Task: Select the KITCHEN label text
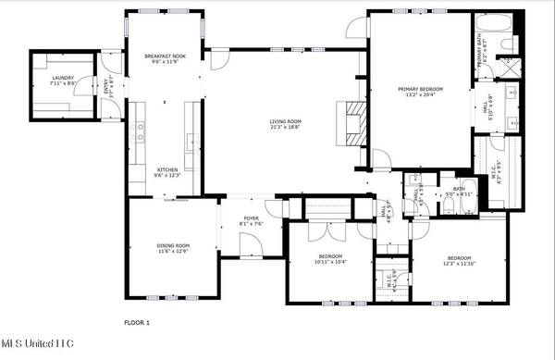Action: tap(166, 170)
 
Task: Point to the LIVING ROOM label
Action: tap(287, 121)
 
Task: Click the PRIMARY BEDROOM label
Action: tap(421, 89)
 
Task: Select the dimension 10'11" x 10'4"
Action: tap(331, 262)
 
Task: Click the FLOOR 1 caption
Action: tap(137, 322)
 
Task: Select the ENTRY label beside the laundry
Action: tap(108, 89)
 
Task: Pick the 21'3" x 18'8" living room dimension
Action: tap(287, 128)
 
